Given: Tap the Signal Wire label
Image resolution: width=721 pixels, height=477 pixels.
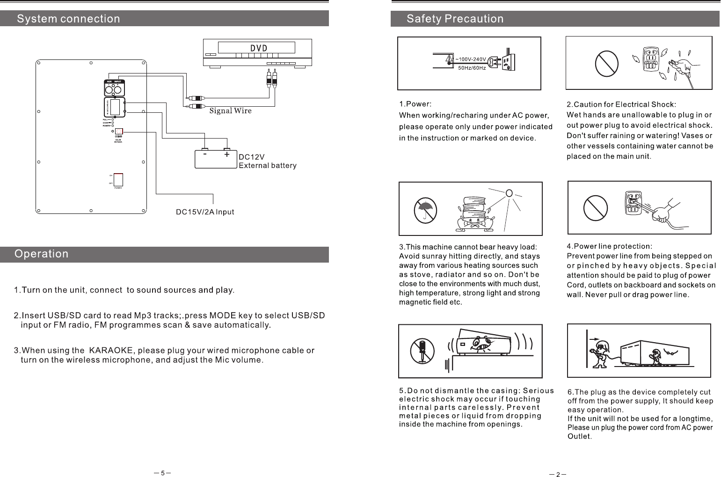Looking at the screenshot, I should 230,111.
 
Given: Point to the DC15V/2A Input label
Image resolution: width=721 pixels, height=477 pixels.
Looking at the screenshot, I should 204,212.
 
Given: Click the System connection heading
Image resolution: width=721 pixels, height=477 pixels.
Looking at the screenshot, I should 69,19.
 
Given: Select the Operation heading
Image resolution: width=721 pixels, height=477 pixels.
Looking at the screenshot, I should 42,254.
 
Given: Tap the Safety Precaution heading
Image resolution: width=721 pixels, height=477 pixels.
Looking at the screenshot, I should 455,19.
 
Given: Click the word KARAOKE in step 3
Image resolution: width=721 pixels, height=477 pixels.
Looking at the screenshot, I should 111,351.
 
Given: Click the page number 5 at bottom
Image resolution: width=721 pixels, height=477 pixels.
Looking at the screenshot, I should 162,473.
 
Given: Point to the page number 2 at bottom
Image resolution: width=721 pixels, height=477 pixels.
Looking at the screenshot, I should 558,475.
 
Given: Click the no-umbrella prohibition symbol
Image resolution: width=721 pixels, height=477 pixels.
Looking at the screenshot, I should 425,210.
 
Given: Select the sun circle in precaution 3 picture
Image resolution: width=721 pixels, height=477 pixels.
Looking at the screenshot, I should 510,193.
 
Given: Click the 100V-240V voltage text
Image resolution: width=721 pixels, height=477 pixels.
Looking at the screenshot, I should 473,59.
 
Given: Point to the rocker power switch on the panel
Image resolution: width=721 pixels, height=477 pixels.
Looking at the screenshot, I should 118,180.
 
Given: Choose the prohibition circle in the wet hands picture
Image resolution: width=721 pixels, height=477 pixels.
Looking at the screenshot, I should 607,62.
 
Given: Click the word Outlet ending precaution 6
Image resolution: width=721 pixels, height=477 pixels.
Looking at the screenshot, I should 579,437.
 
